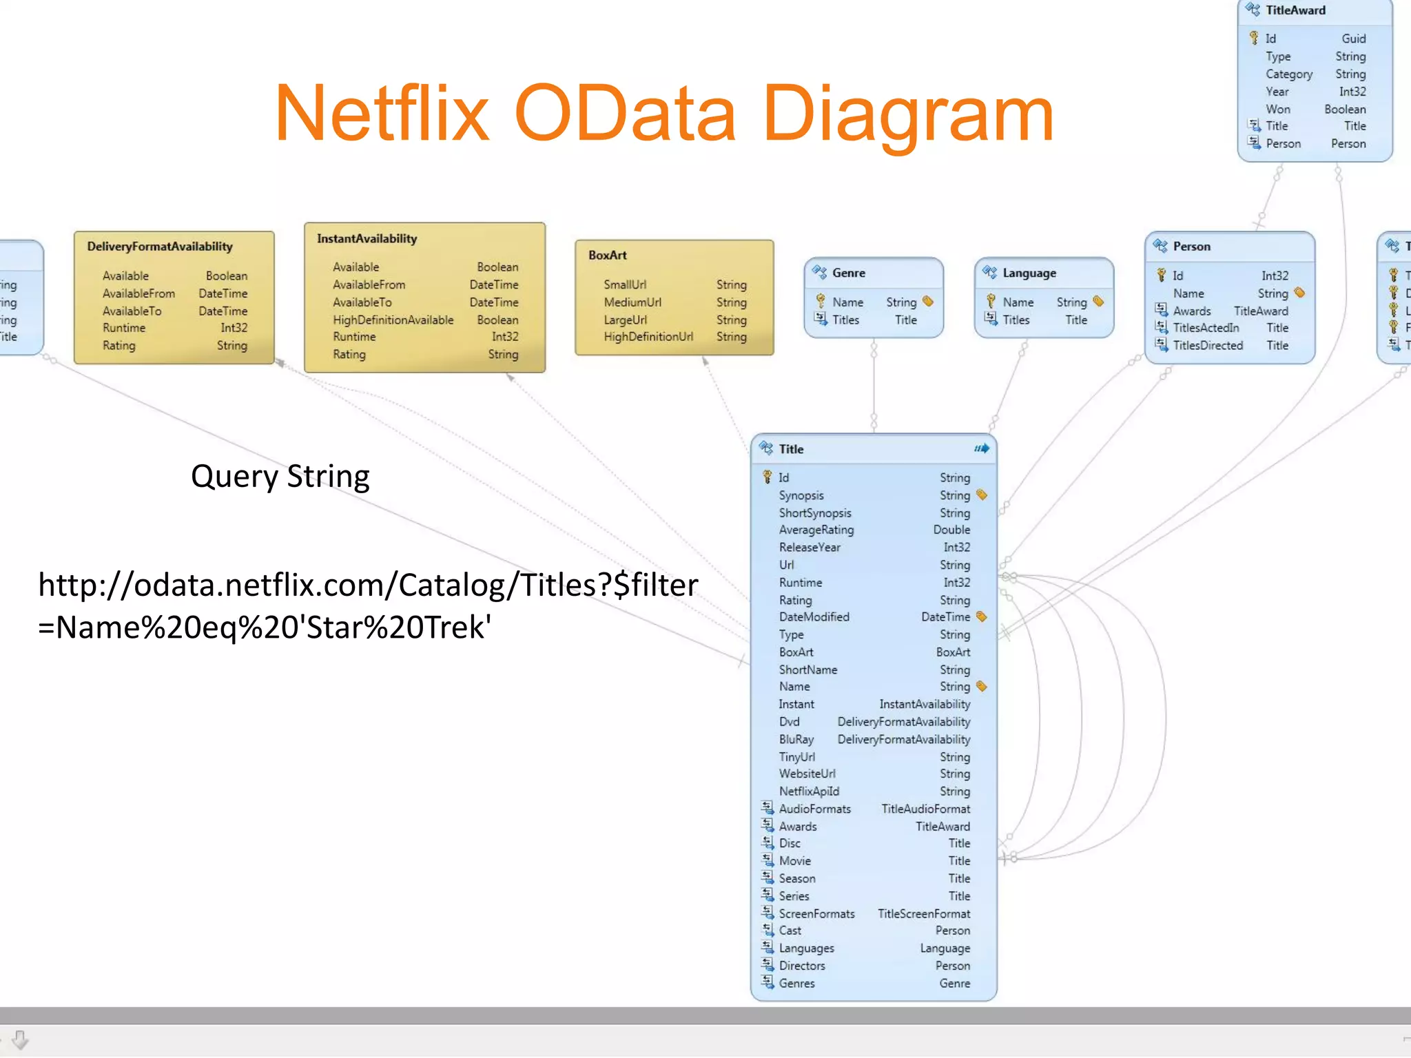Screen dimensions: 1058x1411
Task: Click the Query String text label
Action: pyautogui.click(x=280, y=477)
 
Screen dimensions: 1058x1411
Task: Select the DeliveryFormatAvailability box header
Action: pyautogui.click(x=160, y=247)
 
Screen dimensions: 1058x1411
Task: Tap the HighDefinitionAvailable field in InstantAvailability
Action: pyautogui.click(x=393, y=320)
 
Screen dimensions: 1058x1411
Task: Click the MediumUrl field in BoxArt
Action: pyautogui.click(x=632, y=302)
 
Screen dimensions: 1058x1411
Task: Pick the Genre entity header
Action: pyautogui.click(x=848, y=273)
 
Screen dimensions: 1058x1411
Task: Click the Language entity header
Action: pyautogui.click(x=1029, y=273)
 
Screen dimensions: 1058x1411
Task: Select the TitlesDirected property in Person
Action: pyautogui.click(x=1208, y=346)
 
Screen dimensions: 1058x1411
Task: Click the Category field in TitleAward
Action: pyautogui.click(x=1288, y=74)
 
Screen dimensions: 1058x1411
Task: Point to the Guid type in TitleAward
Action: pyautogui.click(x=1353, y=39)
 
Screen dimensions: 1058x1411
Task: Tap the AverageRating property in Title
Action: pyautogui.click(x=816, y=530)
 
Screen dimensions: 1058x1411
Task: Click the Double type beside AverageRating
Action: pyautogui.click(x=951, y=530)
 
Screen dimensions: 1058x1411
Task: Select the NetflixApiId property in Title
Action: pyautogui.click(x=809, y=791)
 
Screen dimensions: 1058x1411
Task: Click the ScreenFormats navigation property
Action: pyautogui.click(x=816, y=913)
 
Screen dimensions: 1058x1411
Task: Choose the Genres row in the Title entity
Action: pyautogui.click(x=796, y=984)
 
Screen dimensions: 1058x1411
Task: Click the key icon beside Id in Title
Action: pyautogui.click(x=767, y=477)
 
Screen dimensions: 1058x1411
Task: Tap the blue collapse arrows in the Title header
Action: pyautogui.click(x=982, y=448)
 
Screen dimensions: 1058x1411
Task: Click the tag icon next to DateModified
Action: pyautogui.click(x=982, y=616)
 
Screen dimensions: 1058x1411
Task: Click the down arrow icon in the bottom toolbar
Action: pyautogui.click(x=20, y=1039)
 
